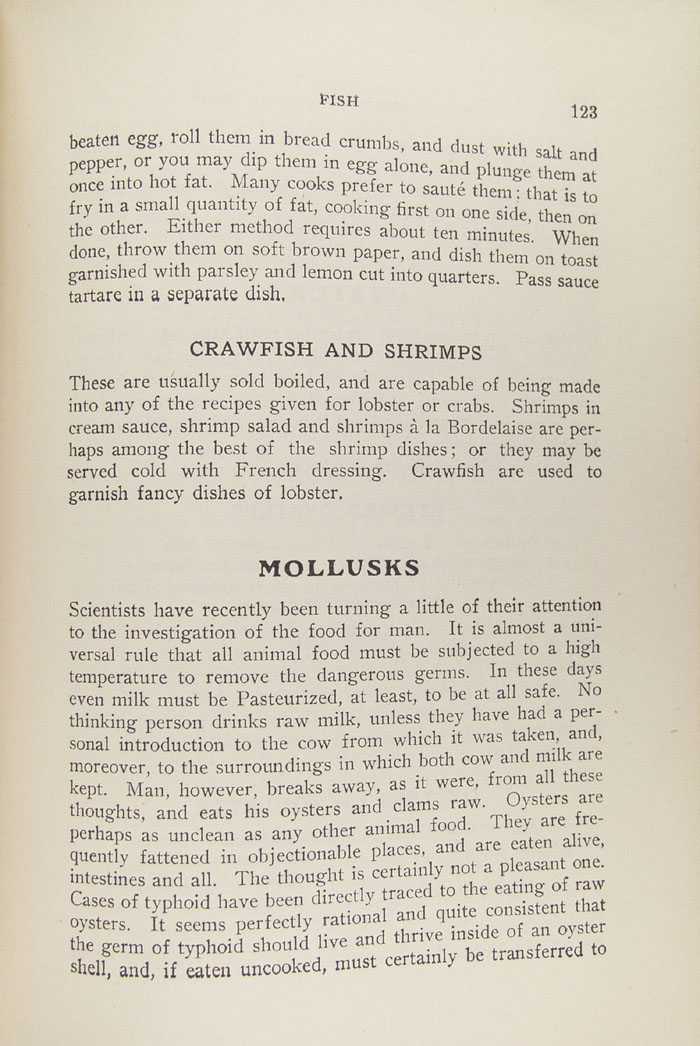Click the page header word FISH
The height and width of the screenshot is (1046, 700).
[339, 100]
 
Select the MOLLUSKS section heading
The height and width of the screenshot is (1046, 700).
[339, 568]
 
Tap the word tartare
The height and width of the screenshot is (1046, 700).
[101, 297]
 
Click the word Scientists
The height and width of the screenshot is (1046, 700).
[108, 610]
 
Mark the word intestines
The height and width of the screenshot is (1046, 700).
[107, 881]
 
